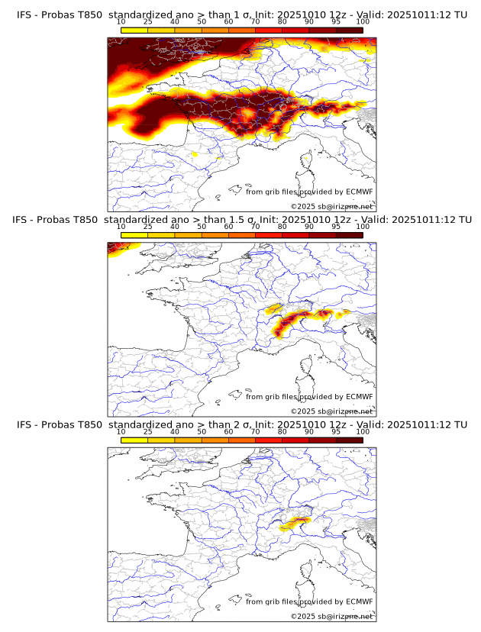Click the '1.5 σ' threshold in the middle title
(x=240, y=219)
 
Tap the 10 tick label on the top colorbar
(x=121, y=22)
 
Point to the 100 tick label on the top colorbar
(x=363, y=22)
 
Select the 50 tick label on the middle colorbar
(x=202, y=227)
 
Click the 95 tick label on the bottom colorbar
(x=336, y=432)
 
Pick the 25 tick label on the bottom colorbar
(x=147, y=432)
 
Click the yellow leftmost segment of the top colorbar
(x=134, y=30)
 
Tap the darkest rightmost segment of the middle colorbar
(x=349, y=235)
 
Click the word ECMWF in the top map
(x=359, y=192)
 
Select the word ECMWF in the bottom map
(x=359, y=601)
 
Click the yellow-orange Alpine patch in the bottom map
(x=295, y=523)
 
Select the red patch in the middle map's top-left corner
(x=117, y=247)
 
